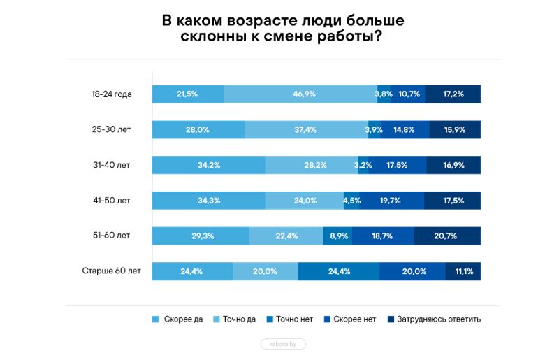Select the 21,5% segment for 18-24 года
(x=187, y=94)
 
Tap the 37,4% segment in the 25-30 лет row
(x=305, y=129)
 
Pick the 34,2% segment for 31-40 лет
(x=209, y=165)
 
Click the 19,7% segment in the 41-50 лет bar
(x=390, y=201)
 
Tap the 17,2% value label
(x=453, y=94)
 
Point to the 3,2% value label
(x=363, y=165)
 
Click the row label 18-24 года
(x=111, y=94)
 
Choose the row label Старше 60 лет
(x=111, y=271)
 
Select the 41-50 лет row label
(x=111, y=201)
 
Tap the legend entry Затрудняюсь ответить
(x=438, y=319)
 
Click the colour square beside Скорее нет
(x=326, y=319)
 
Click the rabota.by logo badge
(x=283, y=344)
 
